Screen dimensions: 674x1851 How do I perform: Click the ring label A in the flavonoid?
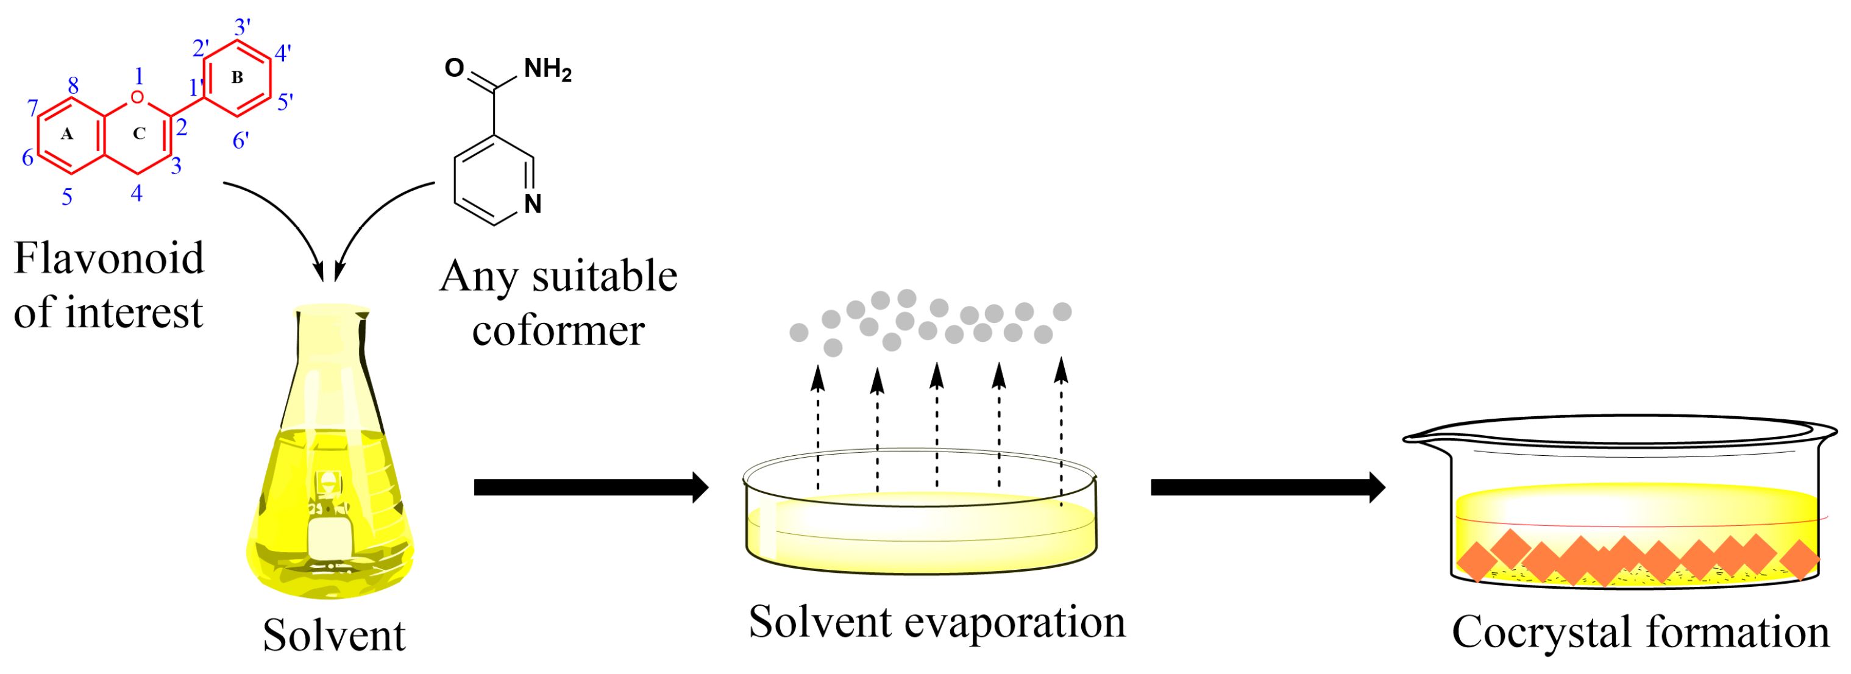click(67, 133)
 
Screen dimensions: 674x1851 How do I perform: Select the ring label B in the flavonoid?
click(237, 77)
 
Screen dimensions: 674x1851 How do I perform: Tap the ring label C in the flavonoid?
click(140, 133)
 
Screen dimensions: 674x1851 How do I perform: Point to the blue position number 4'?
click(283, 53)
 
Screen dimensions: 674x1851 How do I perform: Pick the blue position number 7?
click(32, 108)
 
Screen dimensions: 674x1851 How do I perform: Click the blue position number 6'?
click(241, 141)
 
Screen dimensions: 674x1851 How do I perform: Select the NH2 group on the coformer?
click(547, 69)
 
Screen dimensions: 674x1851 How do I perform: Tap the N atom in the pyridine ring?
click(533, 204)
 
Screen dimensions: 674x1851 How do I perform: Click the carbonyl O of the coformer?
click(454, 68)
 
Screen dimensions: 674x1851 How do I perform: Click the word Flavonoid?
click(109, 258)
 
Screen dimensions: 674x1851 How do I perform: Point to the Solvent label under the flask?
click(334, 636)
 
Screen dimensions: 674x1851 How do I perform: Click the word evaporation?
click(1015, 622)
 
